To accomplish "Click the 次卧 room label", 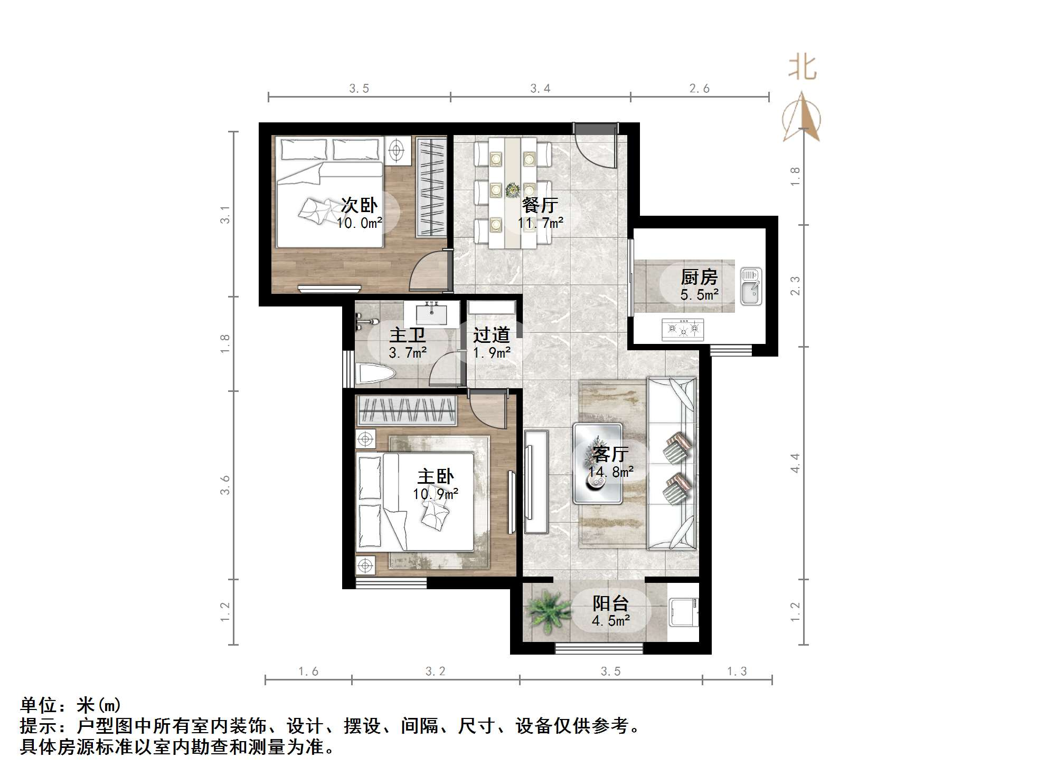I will pos(359,205).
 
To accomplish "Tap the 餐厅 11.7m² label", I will pos(540,213).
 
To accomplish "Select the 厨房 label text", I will pos(699,277).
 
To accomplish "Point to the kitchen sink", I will pos(750,286).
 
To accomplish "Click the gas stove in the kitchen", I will pos(683,330).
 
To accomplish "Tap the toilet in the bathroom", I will pos(375,374).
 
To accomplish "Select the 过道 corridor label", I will pos(491,335).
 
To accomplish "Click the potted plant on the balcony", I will pos(547,612).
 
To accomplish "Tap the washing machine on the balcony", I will pos(683,612).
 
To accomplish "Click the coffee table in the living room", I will pos(598,463).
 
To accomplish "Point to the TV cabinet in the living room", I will pos(536,482).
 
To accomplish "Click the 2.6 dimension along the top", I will pos(699,89).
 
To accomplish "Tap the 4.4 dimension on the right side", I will pos(795,463).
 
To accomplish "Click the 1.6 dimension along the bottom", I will pos(308,672).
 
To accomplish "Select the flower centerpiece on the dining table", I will pos(512,189).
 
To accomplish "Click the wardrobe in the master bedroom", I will pos(407,410).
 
